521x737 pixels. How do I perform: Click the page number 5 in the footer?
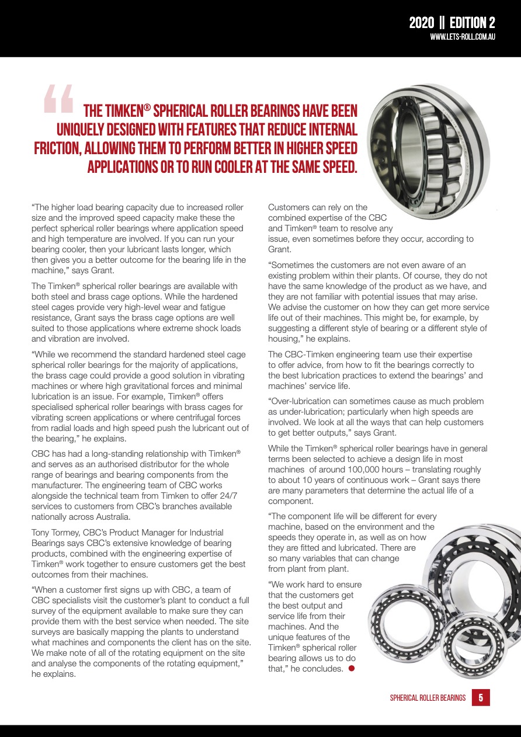click(480, 697)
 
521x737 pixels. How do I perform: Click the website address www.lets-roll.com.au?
click(463, 37)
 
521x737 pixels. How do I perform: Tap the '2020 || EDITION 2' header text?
click(451, 23)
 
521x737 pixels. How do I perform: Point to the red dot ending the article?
click(352, 668)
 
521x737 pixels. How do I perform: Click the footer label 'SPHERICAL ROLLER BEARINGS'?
click(428, 698)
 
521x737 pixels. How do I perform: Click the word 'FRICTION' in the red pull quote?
click(56, 148)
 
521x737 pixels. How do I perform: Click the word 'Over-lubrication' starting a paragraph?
click(302, 401)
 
